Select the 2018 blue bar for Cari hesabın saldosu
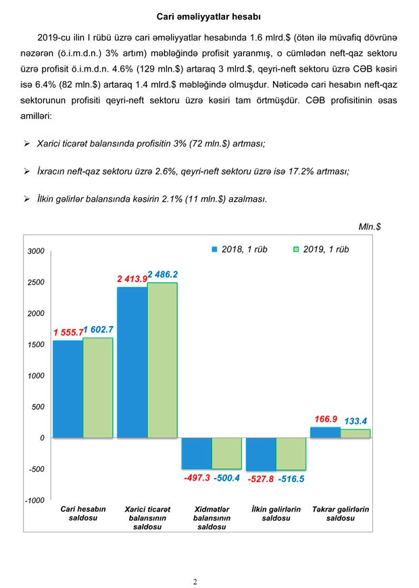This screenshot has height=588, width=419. coord(68,388)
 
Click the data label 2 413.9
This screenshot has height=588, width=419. coord(132,278)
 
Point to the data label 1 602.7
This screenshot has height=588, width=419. coord(99,330)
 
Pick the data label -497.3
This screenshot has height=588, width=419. coord(197,479)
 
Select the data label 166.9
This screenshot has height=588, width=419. coord(326,419)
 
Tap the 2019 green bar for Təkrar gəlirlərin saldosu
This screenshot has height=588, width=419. coord(355,433)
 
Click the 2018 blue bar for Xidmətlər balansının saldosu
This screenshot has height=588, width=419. coord(197,453)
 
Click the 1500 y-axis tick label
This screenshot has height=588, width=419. coord(36,344)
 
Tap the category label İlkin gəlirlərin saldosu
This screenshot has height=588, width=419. coord(276,514)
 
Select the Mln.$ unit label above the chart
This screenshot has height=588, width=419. coord(369,227)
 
